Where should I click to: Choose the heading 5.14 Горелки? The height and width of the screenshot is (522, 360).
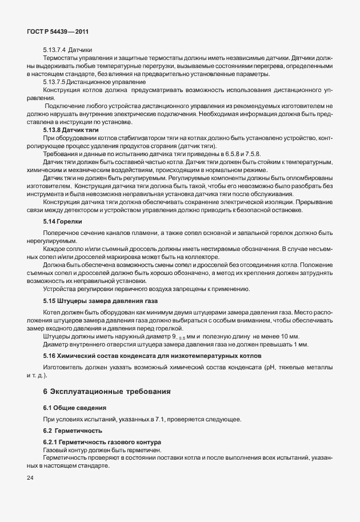coord(63,220)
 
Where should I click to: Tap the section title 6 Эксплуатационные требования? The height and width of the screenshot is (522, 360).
coord(107,390)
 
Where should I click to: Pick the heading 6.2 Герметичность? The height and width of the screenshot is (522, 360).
coord(73,429)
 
